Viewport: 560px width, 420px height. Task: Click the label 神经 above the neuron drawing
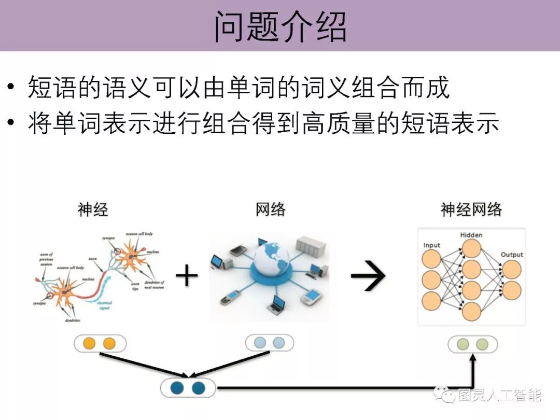93,210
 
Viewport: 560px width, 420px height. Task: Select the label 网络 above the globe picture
270,210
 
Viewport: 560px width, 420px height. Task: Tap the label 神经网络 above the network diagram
471,210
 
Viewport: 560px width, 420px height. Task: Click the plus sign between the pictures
187,276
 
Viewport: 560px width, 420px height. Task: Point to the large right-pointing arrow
368,276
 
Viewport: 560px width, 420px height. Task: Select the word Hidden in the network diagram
471,235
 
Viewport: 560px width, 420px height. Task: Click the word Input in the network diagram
432,245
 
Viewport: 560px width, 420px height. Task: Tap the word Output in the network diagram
511,255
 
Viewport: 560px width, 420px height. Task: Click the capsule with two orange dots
100,343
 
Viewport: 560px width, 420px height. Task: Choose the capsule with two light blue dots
270,343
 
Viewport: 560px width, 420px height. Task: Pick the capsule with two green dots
473,344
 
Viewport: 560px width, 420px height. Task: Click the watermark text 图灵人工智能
499,397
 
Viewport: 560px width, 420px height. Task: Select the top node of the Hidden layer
471,248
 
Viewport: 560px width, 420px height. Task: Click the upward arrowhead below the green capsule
473,358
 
